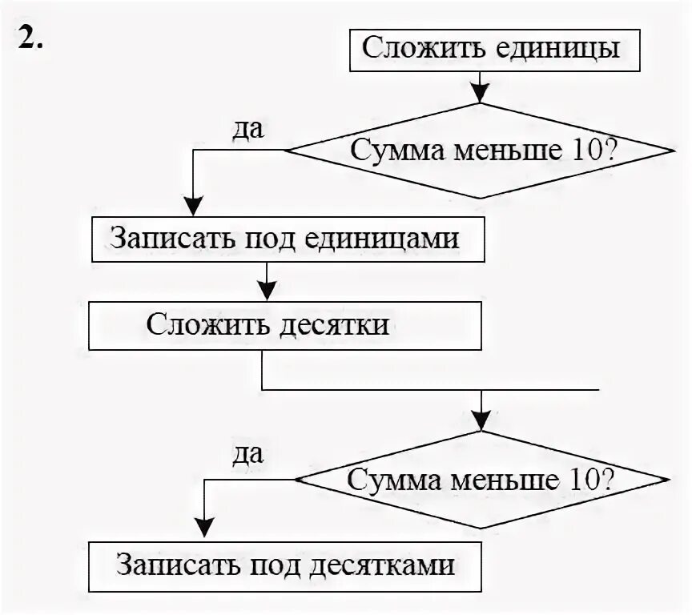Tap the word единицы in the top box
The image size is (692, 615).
coord(565,48)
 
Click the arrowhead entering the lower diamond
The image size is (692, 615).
coord(481,421)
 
